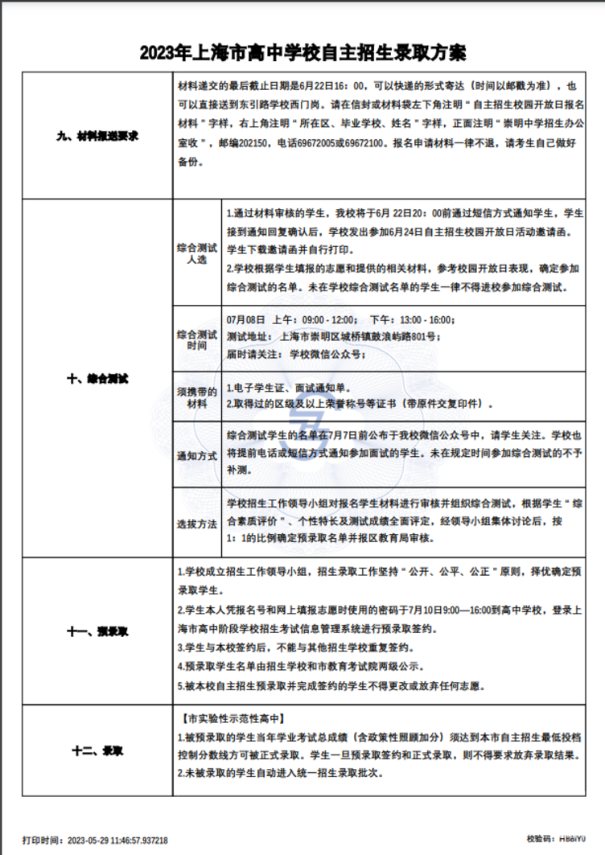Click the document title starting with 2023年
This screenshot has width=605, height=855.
(x=302, y=54)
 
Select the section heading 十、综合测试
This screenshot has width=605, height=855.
(x=98, y=376)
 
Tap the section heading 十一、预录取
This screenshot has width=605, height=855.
(x=98, y=631)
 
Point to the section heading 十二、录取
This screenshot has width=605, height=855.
(x=98, y=751)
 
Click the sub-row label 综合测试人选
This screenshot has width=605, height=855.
(x=196, y=254)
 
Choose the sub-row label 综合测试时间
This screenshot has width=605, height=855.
(x=196, y=339)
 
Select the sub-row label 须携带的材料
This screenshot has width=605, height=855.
(x=196, y=397)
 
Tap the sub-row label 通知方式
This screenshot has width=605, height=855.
(x=196, y=455)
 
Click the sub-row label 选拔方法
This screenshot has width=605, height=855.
(x=196, y=523)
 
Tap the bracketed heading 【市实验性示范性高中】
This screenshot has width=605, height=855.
(x=233, y=717)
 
